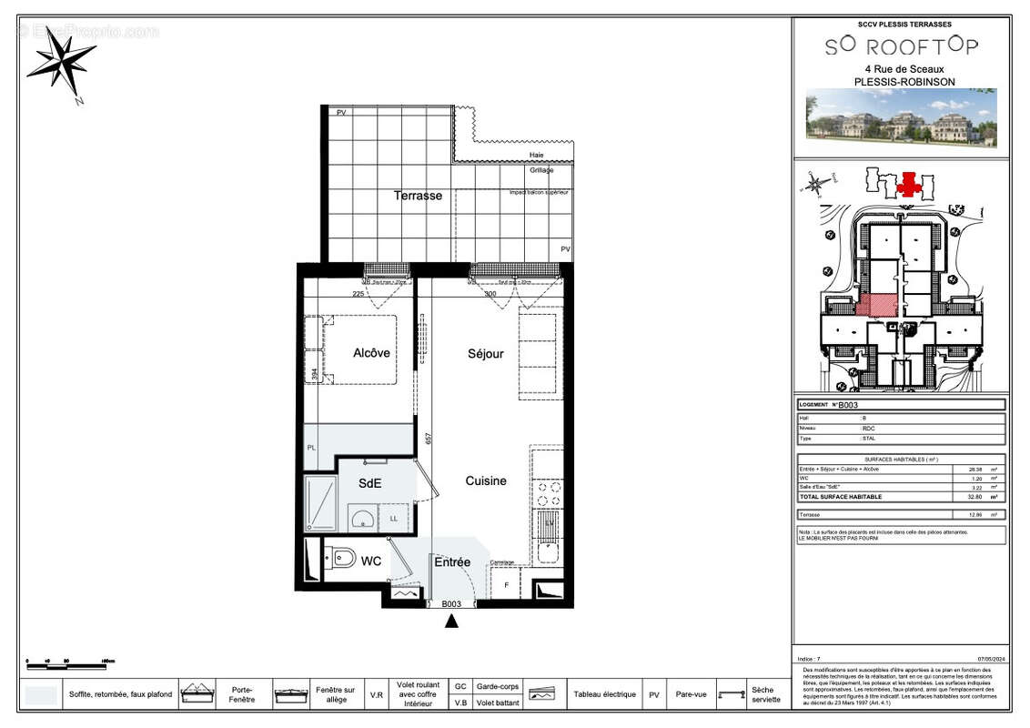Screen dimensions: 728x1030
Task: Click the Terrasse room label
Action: [x=418, y=196]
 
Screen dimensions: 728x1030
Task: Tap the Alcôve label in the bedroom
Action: [x=371, y=353]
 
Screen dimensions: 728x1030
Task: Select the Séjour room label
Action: [x=485, y=353]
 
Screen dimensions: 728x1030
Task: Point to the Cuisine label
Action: [x=486, y=480]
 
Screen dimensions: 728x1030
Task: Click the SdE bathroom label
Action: [x=369, y=484]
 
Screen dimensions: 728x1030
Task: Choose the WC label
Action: [x=371, y=561]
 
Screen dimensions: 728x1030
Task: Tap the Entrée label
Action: [x=452, y=562]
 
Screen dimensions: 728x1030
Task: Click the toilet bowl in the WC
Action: [x=342, y=558]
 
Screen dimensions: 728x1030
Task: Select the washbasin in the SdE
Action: [x=361, y=519]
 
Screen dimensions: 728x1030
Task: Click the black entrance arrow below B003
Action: [x=451, y=622]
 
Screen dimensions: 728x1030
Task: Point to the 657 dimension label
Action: [x=428, y=439]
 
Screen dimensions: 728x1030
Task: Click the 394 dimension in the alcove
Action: [x=315, y=373]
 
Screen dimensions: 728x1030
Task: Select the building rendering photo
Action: [x=901, y=118]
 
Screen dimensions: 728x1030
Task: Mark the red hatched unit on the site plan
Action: [x=876, y=305]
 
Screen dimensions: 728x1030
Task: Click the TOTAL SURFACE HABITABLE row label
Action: [x=840, y=497]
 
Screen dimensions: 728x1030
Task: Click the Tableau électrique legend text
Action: [x=604, y=694]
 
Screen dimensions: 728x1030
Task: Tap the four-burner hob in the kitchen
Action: [x=547, y=492]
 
